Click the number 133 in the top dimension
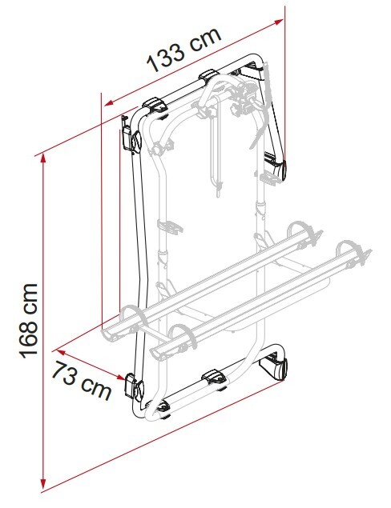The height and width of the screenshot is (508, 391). [166, 58]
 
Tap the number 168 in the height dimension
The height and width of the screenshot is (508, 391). [29, 336]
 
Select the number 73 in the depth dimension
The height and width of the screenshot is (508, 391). [63, 372]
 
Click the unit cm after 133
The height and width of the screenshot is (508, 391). [205, 41]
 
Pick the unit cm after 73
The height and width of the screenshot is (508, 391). [95, 389]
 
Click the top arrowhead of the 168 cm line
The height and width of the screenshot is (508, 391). [42, 158]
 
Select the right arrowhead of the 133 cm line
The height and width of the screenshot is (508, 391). [278, 22]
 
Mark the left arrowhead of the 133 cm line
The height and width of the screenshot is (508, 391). [109, 103]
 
